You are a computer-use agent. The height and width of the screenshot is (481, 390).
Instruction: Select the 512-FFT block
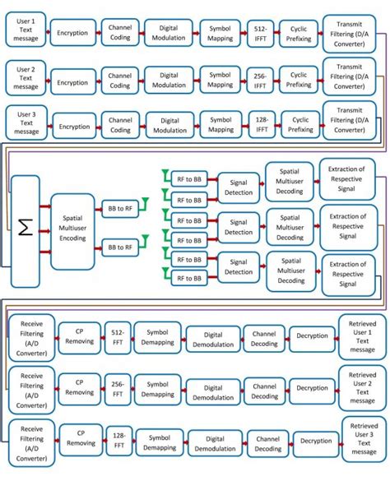click(117, 338)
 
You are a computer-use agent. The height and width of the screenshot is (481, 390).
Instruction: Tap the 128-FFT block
click(119, 441)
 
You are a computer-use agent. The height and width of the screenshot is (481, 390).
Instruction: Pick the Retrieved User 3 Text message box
click(363, 439)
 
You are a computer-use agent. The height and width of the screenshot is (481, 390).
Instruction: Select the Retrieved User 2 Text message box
click(362, 388)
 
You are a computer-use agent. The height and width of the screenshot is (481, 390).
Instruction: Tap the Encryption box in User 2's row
click(72, 81)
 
